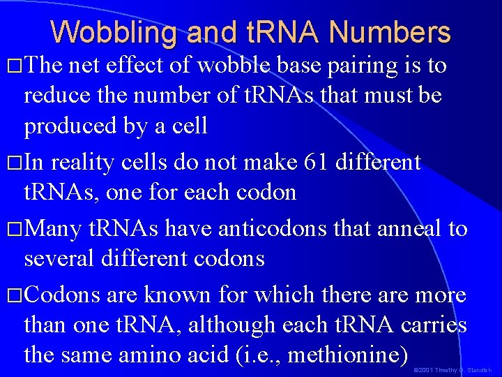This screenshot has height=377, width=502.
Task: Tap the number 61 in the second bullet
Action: click(x=319, y=163)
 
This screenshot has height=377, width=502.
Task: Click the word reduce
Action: click(x=58, y=95)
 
